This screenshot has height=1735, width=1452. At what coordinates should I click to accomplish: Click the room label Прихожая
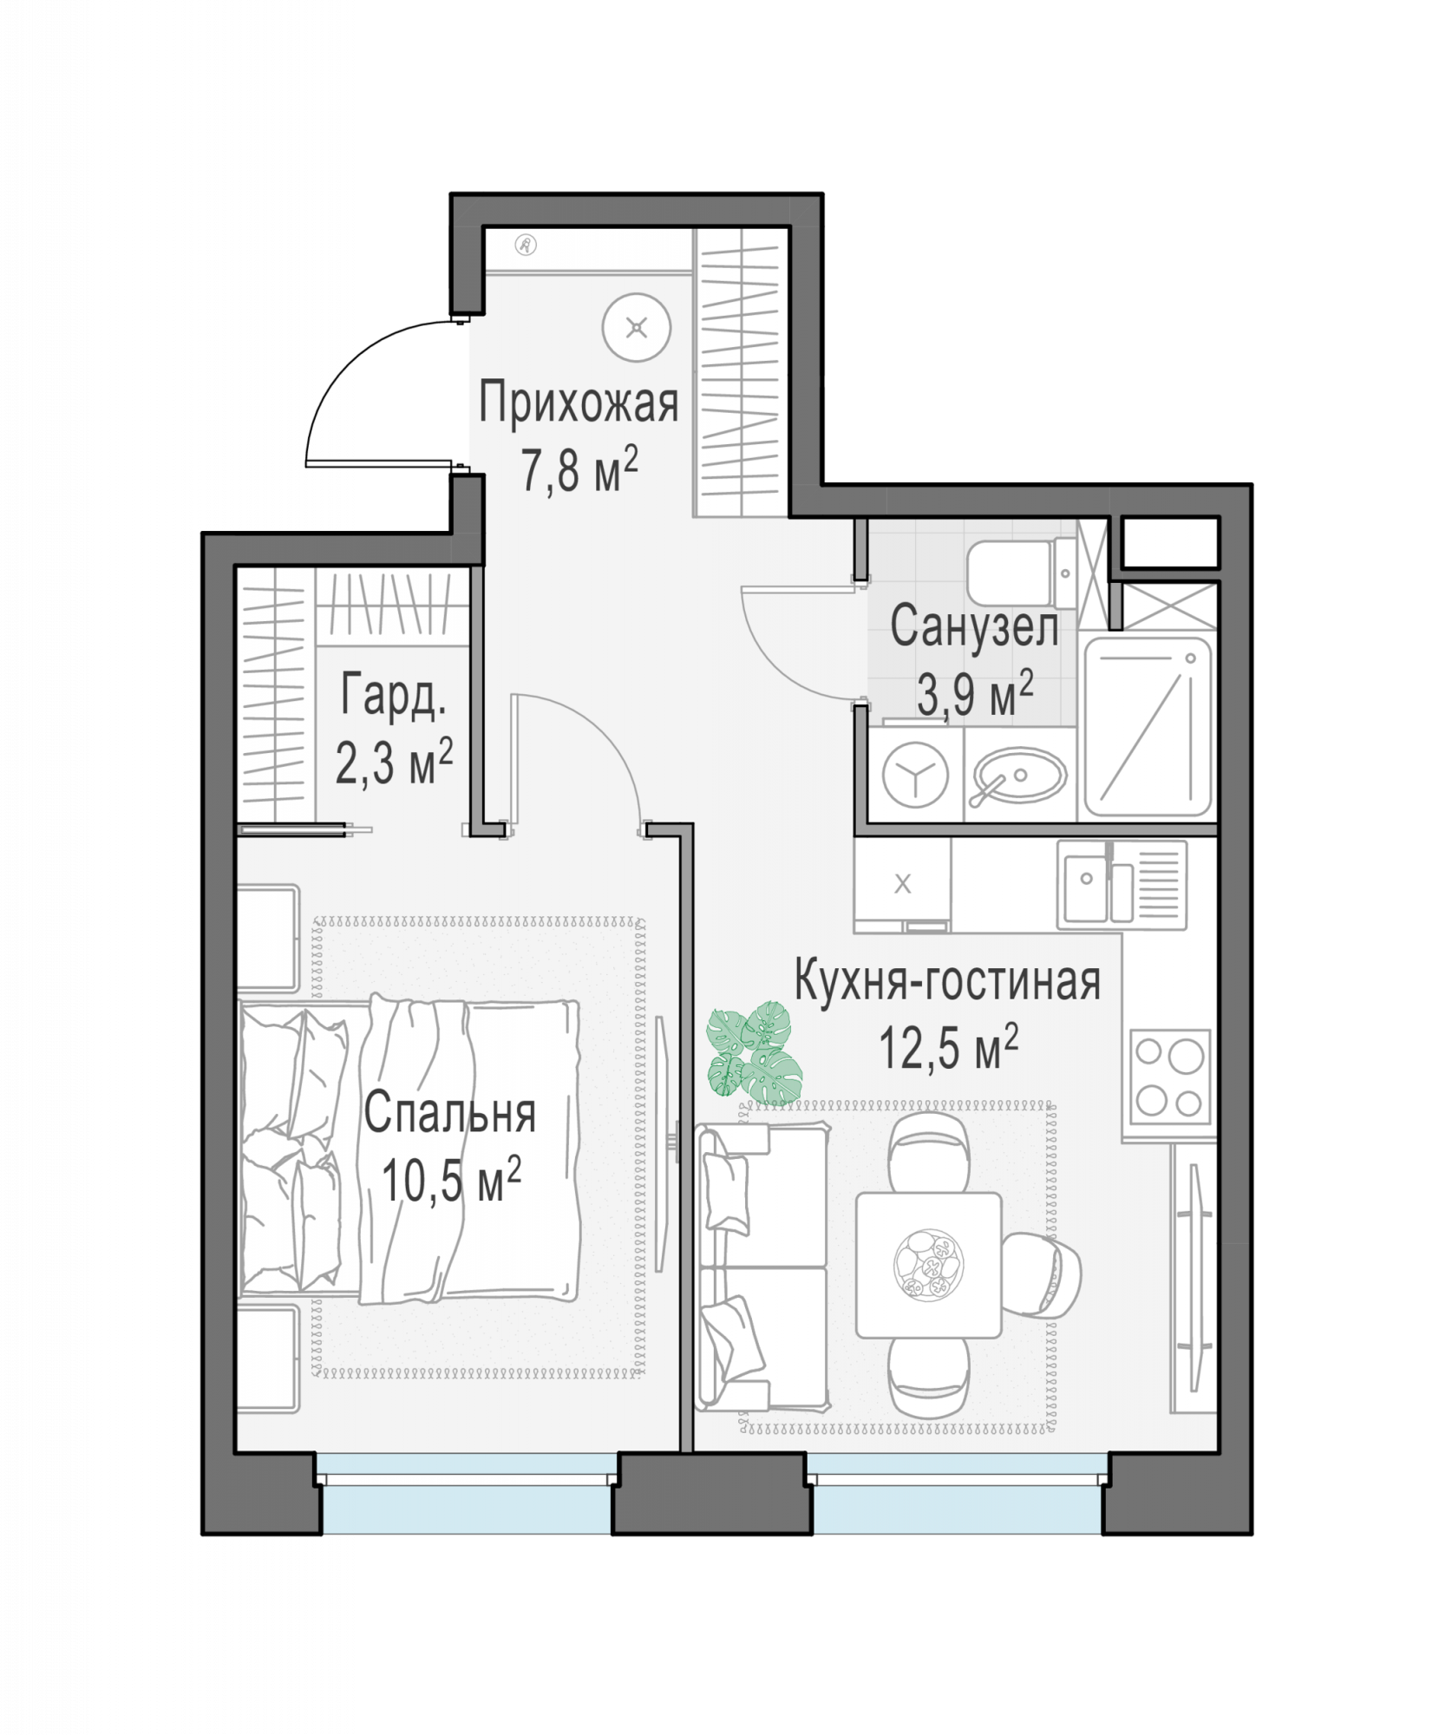coord(579,404)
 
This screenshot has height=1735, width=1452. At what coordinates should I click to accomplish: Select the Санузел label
coord(974,626)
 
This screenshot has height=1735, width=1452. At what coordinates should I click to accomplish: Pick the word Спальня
coord(449,1113)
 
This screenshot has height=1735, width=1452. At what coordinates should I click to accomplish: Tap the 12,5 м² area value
coord(948,1047)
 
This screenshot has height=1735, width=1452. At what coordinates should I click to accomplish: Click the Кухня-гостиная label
coord(947,981)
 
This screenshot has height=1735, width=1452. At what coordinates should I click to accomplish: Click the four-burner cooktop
coord(1171,1077)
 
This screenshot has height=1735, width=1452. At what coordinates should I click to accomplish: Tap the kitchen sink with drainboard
coord(1122,885)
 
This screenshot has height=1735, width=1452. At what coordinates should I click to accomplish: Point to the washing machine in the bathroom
coord(915,774)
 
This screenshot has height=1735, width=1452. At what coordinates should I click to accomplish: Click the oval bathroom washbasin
coord(1019,775)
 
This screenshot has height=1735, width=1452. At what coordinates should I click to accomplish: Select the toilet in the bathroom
coord(1022,573)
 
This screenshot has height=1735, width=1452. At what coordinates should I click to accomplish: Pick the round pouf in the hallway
coord(637,328)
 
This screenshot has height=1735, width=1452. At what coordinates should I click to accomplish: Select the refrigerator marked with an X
coord(902,885)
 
